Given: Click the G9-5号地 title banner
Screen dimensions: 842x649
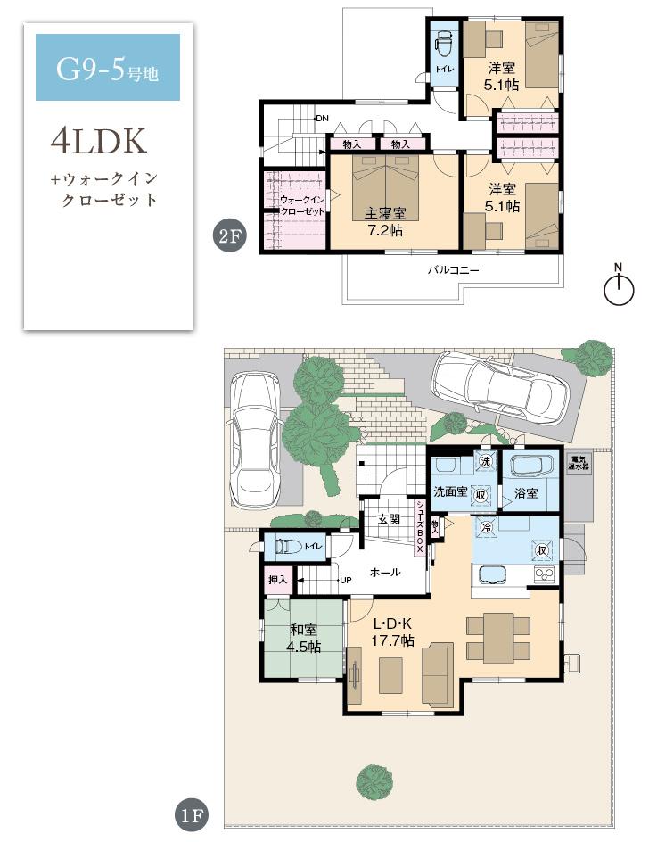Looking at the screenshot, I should click(x=107, y=68).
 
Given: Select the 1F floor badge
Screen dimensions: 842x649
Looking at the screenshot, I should click(x=192, y=813).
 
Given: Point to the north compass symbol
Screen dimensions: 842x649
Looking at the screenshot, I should click(x=618, y=287).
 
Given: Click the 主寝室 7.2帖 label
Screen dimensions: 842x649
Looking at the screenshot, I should click(x=385, y=221).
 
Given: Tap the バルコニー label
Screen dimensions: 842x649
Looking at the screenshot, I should click(x=453, y=268).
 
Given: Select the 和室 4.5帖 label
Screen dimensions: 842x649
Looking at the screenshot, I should click(x=303, y=639).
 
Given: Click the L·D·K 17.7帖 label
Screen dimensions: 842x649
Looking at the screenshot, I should click(x=392, y=631).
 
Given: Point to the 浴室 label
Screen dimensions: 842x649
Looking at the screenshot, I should click(x=526, y=492).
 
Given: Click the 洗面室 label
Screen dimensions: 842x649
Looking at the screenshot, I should click(x=450, y=491).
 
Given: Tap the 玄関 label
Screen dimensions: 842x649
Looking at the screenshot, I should click(x=388, y=519).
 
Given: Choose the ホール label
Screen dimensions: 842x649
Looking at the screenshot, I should click(x=384, y=572).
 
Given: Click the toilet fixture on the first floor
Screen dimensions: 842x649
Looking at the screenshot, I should click(x=286, y=545).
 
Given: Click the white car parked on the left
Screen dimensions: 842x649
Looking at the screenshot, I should click(x=254, y=437).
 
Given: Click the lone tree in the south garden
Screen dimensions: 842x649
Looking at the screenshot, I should click(x=375, y=781).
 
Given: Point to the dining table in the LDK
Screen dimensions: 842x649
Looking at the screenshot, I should click(x=498, y=637).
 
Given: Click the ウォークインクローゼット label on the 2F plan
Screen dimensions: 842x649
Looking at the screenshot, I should click(x=301, y=206).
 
